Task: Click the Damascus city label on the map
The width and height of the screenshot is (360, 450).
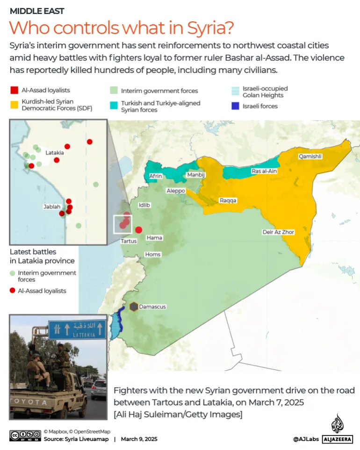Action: pyautogui.click(x=154, y=307)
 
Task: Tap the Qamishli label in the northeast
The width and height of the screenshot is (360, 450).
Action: pyautogui.click(x=310, y=157)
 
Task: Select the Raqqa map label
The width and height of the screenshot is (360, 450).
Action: pyautogui.click(x=228, y=200)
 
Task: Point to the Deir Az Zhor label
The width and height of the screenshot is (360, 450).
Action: pyautogui.click(x=278, y=232)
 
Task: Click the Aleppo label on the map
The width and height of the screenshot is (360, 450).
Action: pyautogui.click(x=176, y=191)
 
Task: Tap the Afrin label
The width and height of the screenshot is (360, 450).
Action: pyautogui.click(x=155, y=176)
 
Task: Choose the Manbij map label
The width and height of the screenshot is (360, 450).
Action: pyautogui.click(x=196, y=175)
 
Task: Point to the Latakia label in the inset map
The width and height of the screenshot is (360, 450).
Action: pyautogui.click(x=54, y=152)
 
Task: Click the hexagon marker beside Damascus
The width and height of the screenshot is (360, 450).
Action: pyautogui.click(x=134, y=307)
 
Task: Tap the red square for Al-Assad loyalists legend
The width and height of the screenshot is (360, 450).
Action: pyautogui.click(x=14, y=90)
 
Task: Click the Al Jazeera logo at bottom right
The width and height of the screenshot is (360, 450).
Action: pyautogui.click(x=337, y=430)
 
